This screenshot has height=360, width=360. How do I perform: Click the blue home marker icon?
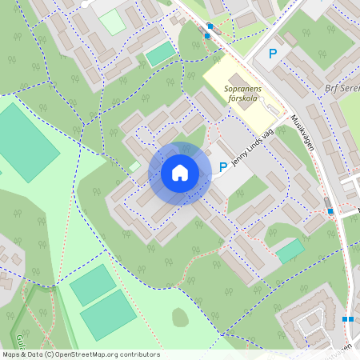pos(179,173)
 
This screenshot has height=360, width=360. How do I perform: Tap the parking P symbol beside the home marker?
pos(223,167)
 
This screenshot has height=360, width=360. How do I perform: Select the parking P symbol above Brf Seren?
pos(273,54)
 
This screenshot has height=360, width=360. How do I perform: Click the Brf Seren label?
pos(342,90)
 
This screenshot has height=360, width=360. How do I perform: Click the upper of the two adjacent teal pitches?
pos(93,285)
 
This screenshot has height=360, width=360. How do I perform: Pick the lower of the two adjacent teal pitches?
pos(109,314)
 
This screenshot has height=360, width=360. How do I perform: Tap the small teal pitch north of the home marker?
pos(161,54)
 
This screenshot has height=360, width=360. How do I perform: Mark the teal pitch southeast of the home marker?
pos(290,250)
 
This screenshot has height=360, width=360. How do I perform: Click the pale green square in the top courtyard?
pos(112,22)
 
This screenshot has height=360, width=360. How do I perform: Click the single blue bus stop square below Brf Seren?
pos(330,211)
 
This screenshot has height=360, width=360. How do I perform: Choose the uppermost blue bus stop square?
pos(210,26)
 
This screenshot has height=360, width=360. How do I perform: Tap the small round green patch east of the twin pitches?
pos(180,318)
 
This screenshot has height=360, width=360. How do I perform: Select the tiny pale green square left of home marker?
pos(134,166)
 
